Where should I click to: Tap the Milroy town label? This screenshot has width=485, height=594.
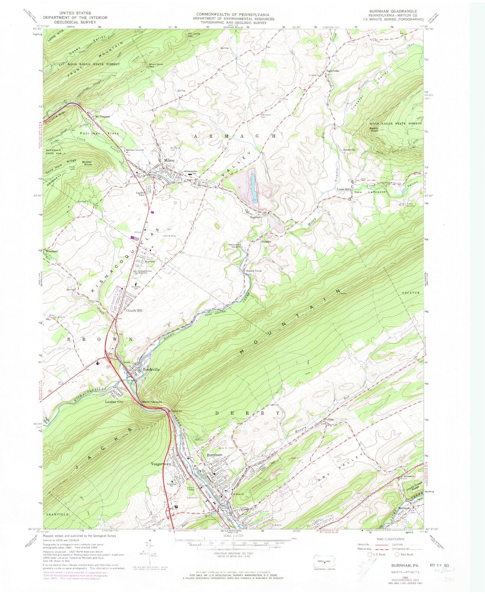pos(169,161)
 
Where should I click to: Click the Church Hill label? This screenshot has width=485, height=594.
pos(134,311)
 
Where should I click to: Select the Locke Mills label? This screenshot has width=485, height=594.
pos(344,189)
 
